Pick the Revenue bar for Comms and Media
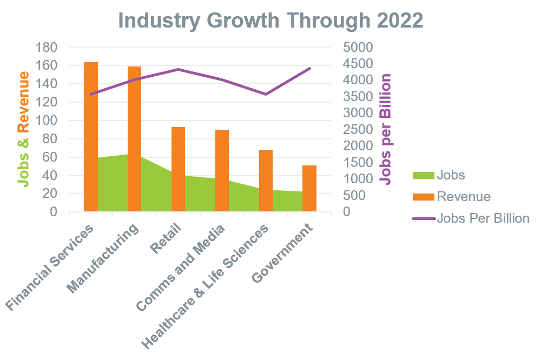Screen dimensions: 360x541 pos(222,170)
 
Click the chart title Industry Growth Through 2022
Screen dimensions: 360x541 pos(270,21)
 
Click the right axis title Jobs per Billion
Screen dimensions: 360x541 pos(386,130)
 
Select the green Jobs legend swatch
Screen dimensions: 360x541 pos(424,175)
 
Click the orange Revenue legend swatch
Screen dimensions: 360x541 pos(424,197)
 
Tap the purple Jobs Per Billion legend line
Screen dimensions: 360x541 pos(424,218)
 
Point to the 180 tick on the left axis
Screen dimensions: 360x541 pos(47,47)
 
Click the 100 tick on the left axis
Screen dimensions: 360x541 pos(47,121)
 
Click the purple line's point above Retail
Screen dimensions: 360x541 pos(179,69)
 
